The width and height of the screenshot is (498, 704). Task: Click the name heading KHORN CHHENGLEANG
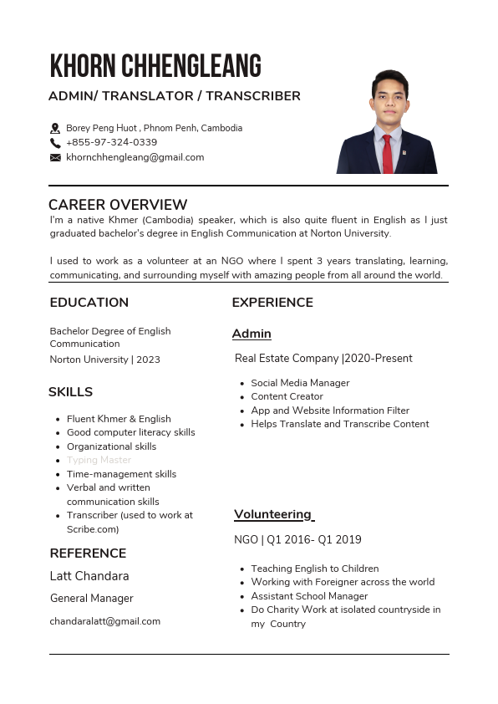click(x=155, y=65)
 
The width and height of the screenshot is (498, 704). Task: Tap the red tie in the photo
click(x=387, y=154)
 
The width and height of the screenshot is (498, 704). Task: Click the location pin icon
click(x=55, y=129)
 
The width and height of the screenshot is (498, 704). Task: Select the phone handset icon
click(x=55, y=143)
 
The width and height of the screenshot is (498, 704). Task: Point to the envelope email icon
click(x=55, y=157)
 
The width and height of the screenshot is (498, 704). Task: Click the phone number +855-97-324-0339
click(x=111, y=142)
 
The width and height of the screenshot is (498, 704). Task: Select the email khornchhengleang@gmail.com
click(x=135, y=157)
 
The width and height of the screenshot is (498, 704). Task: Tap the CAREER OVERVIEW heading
click(x=118, y=205)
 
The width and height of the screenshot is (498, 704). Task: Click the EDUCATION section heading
click(x=89, y=303)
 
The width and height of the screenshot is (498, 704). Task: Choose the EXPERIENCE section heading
click(x=272, y=303)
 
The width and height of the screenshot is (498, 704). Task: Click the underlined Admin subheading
click(x=252, y=334)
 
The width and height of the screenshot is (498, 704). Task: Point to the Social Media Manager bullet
click(x=300, y=383)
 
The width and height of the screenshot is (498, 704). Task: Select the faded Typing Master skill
click(x=99, y=460)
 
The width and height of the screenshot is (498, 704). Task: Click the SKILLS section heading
click(x=70, y=392)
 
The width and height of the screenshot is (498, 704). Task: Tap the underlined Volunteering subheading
click(x=273, y=514)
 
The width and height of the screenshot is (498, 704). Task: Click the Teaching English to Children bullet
click(x=314, y=569)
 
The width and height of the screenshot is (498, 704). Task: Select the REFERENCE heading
click(x=88, y=554)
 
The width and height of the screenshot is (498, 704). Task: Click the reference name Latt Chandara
click(x=89, y=576)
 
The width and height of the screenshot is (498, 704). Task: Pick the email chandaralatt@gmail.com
click(x=104, y=621)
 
